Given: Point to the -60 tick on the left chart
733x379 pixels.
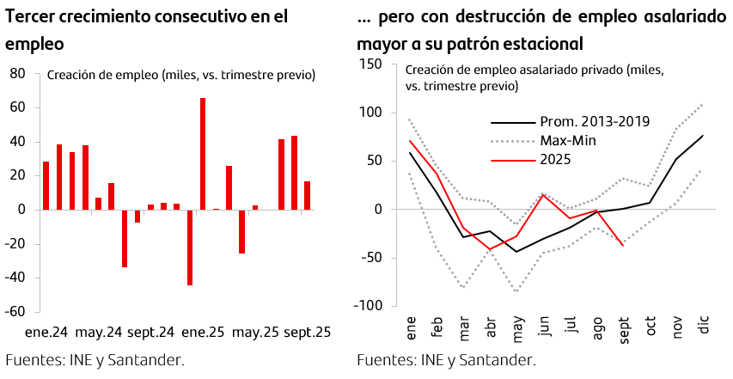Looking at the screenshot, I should [15, 311].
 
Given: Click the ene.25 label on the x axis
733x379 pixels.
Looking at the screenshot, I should [204, 332].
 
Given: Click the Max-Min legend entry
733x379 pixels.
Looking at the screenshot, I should [569, 140].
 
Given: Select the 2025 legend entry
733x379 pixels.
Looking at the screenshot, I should [555, 159].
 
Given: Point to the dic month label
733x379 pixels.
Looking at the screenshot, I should [705, 326].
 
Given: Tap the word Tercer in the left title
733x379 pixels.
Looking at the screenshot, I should [30, 16].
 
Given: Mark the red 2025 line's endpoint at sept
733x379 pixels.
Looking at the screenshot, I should [623, 246].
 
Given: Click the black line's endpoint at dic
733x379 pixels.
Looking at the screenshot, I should [703, 136].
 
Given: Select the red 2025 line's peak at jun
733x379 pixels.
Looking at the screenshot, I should [542, 195].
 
